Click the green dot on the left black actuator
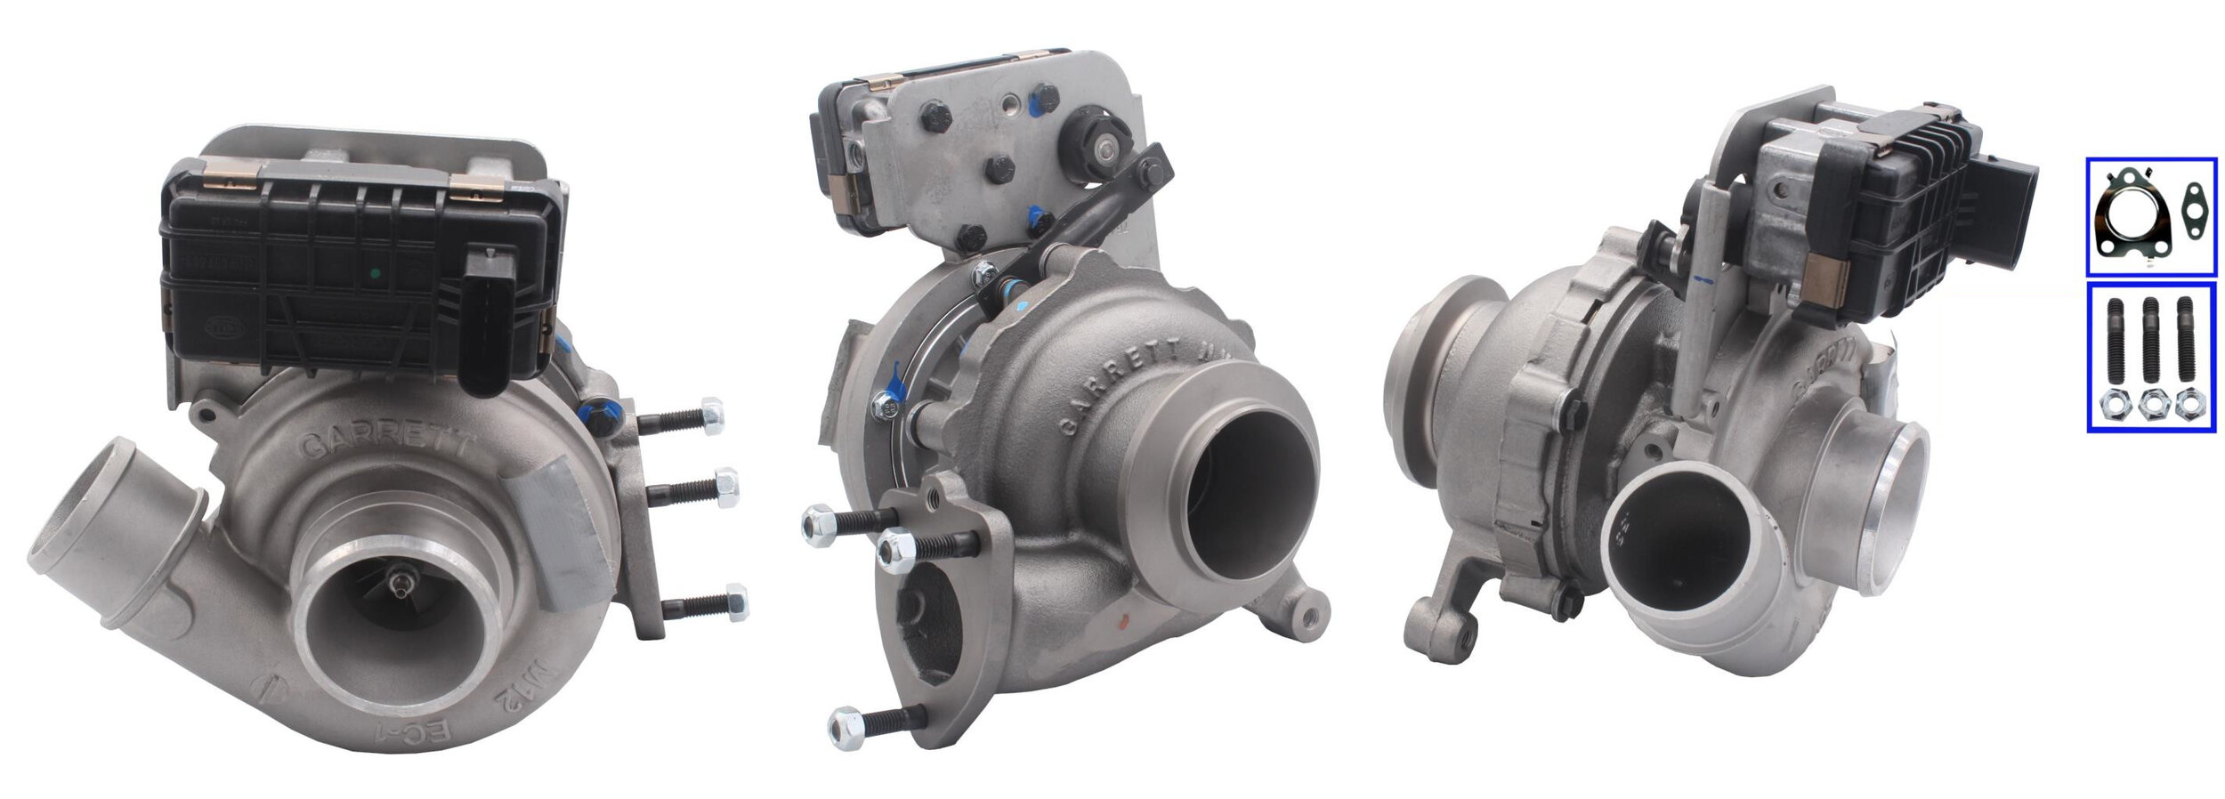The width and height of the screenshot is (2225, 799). coord(375,273)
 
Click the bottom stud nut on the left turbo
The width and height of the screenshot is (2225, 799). coord(735,601)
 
